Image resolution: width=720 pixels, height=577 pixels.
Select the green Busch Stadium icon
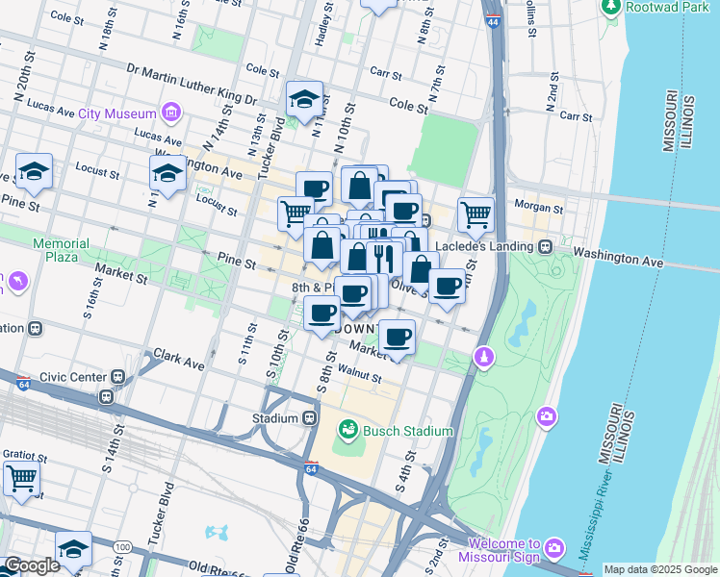pyautogui.click(x=348, y=429)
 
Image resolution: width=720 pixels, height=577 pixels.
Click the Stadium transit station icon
pyautogui.click(x=310, y=418)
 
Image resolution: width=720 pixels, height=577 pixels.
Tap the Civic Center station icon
pyautogui.click(x=118, y=377)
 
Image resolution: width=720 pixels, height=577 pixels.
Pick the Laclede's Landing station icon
pyautogui.click(x=545, y=246)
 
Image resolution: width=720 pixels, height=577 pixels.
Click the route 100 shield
pyautogui.click(x=121, y=546)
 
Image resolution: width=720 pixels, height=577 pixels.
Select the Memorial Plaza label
pyautogui.click(x=61, y=251)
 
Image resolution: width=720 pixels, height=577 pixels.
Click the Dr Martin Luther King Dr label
pyautogui.click(x=192, y=85)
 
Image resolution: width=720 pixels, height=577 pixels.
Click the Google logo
pyautogui.click(x=32, y=565)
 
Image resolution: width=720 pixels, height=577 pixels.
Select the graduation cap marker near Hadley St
pyautogui.click(x=304, y=98)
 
